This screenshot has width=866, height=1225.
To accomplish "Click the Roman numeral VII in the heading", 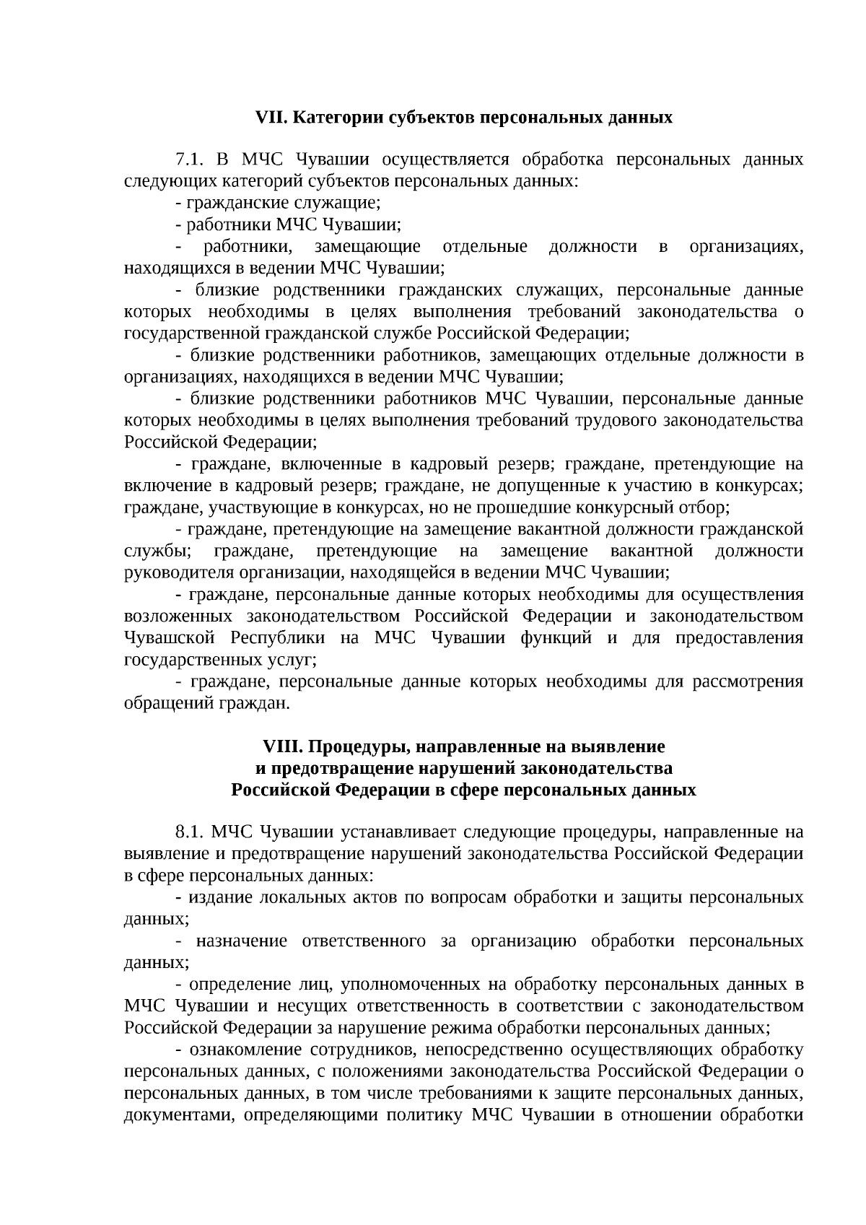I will click(x=271, y=118).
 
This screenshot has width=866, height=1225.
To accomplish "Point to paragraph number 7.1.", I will click(x=189, y=160).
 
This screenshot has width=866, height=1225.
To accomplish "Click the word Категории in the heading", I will click(x=325, y=118).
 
